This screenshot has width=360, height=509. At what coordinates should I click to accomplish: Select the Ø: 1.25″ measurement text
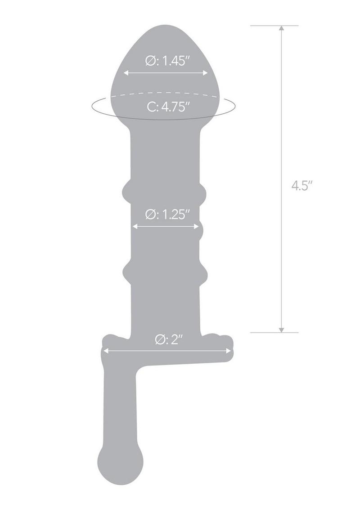pos(166,215)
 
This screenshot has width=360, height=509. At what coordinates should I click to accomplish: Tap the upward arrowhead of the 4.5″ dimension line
pos(281,28)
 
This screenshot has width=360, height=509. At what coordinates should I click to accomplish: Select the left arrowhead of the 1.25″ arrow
pos(134,226)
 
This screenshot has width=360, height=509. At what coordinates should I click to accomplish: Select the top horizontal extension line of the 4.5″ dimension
pos(274,26)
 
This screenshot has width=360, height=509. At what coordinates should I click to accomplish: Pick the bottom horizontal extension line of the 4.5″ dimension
pos(274,333)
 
